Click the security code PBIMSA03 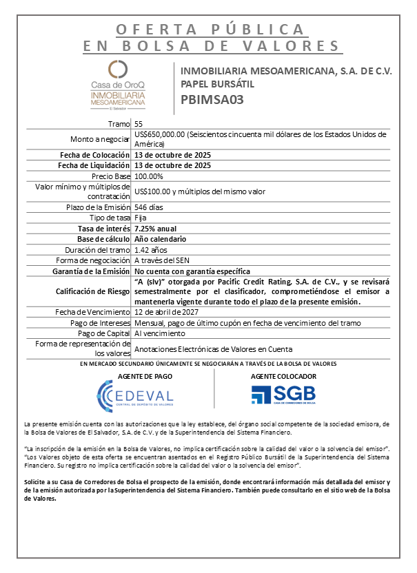tap(212, 98)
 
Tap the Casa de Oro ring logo tap(118, 69)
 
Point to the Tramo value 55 tap(139, 123)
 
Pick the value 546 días tap(149, 207)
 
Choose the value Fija tap(141, 218)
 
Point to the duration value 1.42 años tap(150, 249)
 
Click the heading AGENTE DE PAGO tap(145, 377)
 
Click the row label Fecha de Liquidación tap(94, 165)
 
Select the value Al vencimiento tap(159, 333)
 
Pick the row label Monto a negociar tap(100, 138)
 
